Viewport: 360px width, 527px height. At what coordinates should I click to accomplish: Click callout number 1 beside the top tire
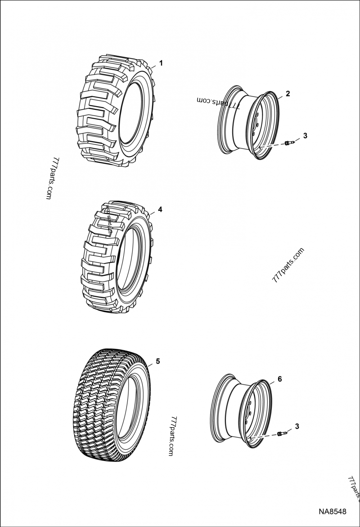(161, 63)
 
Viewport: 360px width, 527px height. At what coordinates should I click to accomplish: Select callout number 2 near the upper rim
(288, 94)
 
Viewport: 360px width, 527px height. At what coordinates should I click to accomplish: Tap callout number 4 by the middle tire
(160, 210)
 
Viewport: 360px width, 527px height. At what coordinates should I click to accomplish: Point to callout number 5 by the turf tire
(157, 361)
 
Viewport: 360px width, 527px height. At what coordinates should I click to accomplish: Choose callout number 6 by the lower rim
(279, 379)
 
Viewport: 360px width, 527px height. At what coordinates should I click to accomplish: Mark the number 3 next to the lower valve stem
(297, 425)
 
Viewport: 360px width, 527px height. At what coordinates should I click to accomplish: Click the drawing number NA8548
(333, 512)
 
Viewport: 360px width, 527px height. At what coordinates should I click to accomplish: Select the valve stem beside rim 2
(289, 143)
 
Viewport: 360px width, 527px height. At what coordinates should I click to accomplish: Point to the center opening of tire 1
(134, 112)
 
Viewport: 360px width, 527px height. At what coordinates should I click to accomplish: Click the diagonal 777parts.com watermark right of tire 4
(288, 264)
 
